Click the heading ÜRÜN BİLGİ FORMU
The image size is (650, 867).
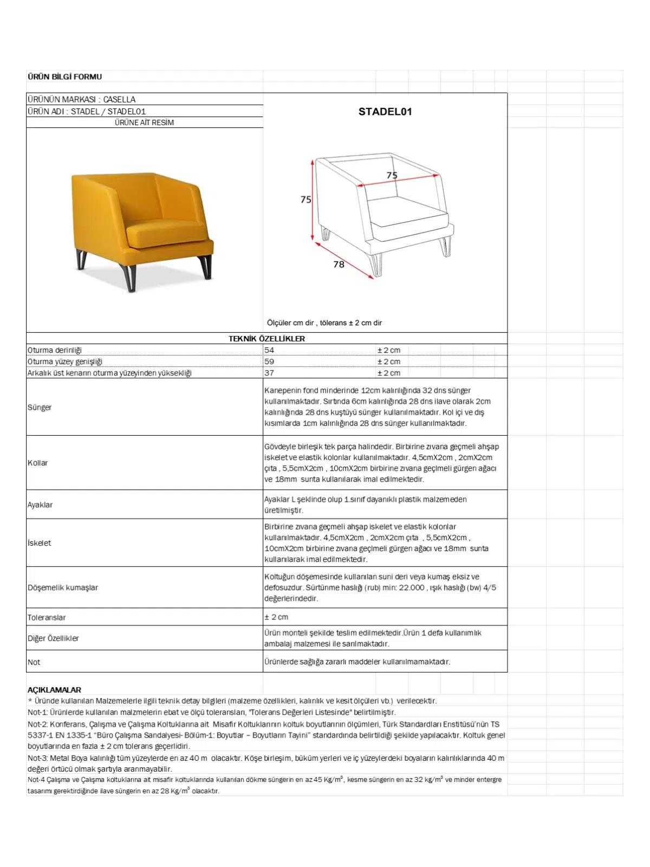click(x=64, y=76)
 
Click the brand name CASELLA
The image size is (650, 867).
click(x=119, y=99)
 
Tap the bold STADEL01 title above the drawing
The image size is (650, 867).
click(x=385, y=112)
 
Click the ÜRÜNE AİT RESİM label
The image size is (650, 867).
click(x=144, y=122)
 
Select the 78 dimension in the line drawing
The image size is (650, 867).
click(x=339, y=264)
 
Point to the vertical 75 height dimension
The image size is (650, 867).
click(x=305, y=199)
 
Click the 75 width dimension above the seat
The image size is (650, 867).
click(x=392, y=175)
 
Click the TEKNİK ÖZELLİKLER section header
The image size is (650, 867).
click(x=266, y=339)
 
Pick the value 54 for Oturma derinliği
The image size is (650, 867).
click(x=269, y=350)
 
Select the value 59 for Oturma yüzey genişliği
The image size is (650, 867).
click(x=269, y=361)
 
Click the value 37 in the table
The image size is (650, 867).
click(x=269, y=373)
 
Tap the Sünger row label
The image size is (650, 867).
click(x=40, y=407)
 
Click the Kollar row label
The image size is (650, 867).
click(x=38, y=463)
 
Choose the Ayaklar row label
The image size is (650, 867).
click(x=40, y=504)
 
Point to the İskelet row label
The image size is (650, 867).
click(x=40, y=543)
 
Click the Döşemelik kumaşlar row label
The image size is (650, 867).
click(x=63, y=587)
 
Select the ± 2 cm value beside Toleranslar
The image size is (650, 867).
click(x=276, y=617)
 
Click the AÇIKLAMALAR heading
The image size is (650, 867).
click(x=54, y=690)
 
